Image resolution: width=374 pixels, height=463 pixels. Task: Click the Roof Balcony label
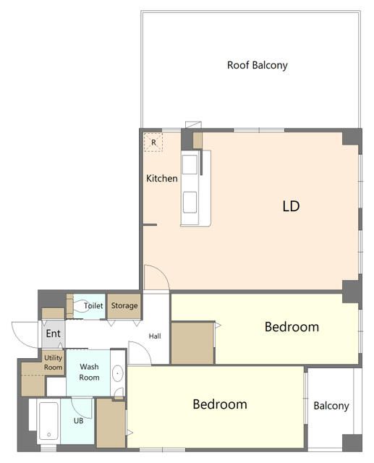(257, 65)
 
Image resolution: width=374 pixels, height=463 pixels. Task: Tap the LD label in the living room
(291, 206)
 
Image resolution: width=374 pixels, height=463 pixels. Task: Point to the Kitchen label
(162, 179)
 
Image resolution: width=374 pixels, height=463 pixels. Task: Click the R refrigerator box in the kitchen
(153, 143)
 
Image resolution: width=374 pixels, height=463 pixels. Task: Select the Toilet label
(93, 305)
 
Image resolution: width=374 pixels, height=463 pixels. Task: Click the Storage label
(124, 306)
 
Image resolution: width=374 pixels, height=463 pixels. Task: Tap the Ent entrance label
(53, 334)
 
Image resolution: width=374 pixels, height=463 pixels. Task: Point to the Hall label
(155, 336)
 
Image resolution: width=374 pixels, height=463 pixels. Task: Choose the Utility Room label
(53, 362)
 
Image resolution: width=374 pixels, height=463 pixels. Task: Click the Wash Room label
(89, 372)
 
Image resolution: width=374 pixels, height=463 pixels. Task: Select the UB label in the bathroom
(79, 421)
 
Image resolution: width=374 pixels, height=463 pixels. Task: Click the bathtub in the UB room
(48, 421)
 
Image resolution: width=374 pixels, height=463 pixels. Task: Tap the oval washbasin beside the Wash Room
(118, 373)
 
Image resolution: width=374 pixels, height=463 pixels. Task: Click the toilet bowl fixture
(80, 306)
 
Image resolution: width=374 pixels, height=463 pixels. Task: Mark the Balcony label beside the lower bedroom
(331, 406)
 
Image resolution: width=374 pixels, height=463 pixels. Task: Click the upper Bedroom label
(292, 327)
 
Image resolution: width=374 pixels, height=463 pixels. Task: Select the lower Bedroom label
(220, 404)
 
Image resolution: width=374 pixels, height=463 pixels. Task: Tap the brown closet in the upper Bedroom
(192, 343)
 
